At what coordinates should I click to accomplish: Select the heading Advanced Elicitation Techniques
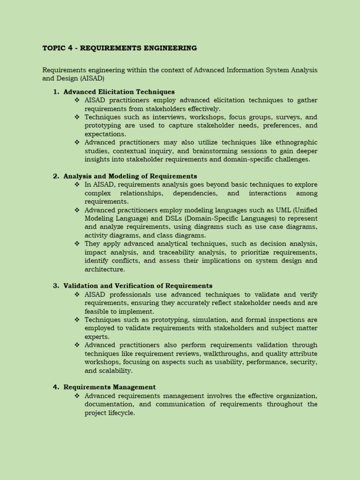(x=119, y=92)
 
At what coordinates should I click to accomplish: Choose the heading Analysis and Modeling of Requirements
(x=130, y=176)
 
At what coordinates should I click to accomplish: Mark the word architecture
(x=105, y=269)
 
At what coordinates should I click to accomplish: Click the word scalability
(x=116, y=370)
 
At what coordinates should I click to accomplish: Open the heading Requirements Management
(x=109, y=387)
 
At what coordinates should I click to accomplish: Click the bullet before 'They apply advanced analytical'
(x=77, y=244)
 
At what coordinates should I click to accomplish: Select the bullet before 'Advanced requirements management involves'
(x=77, y=396)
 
